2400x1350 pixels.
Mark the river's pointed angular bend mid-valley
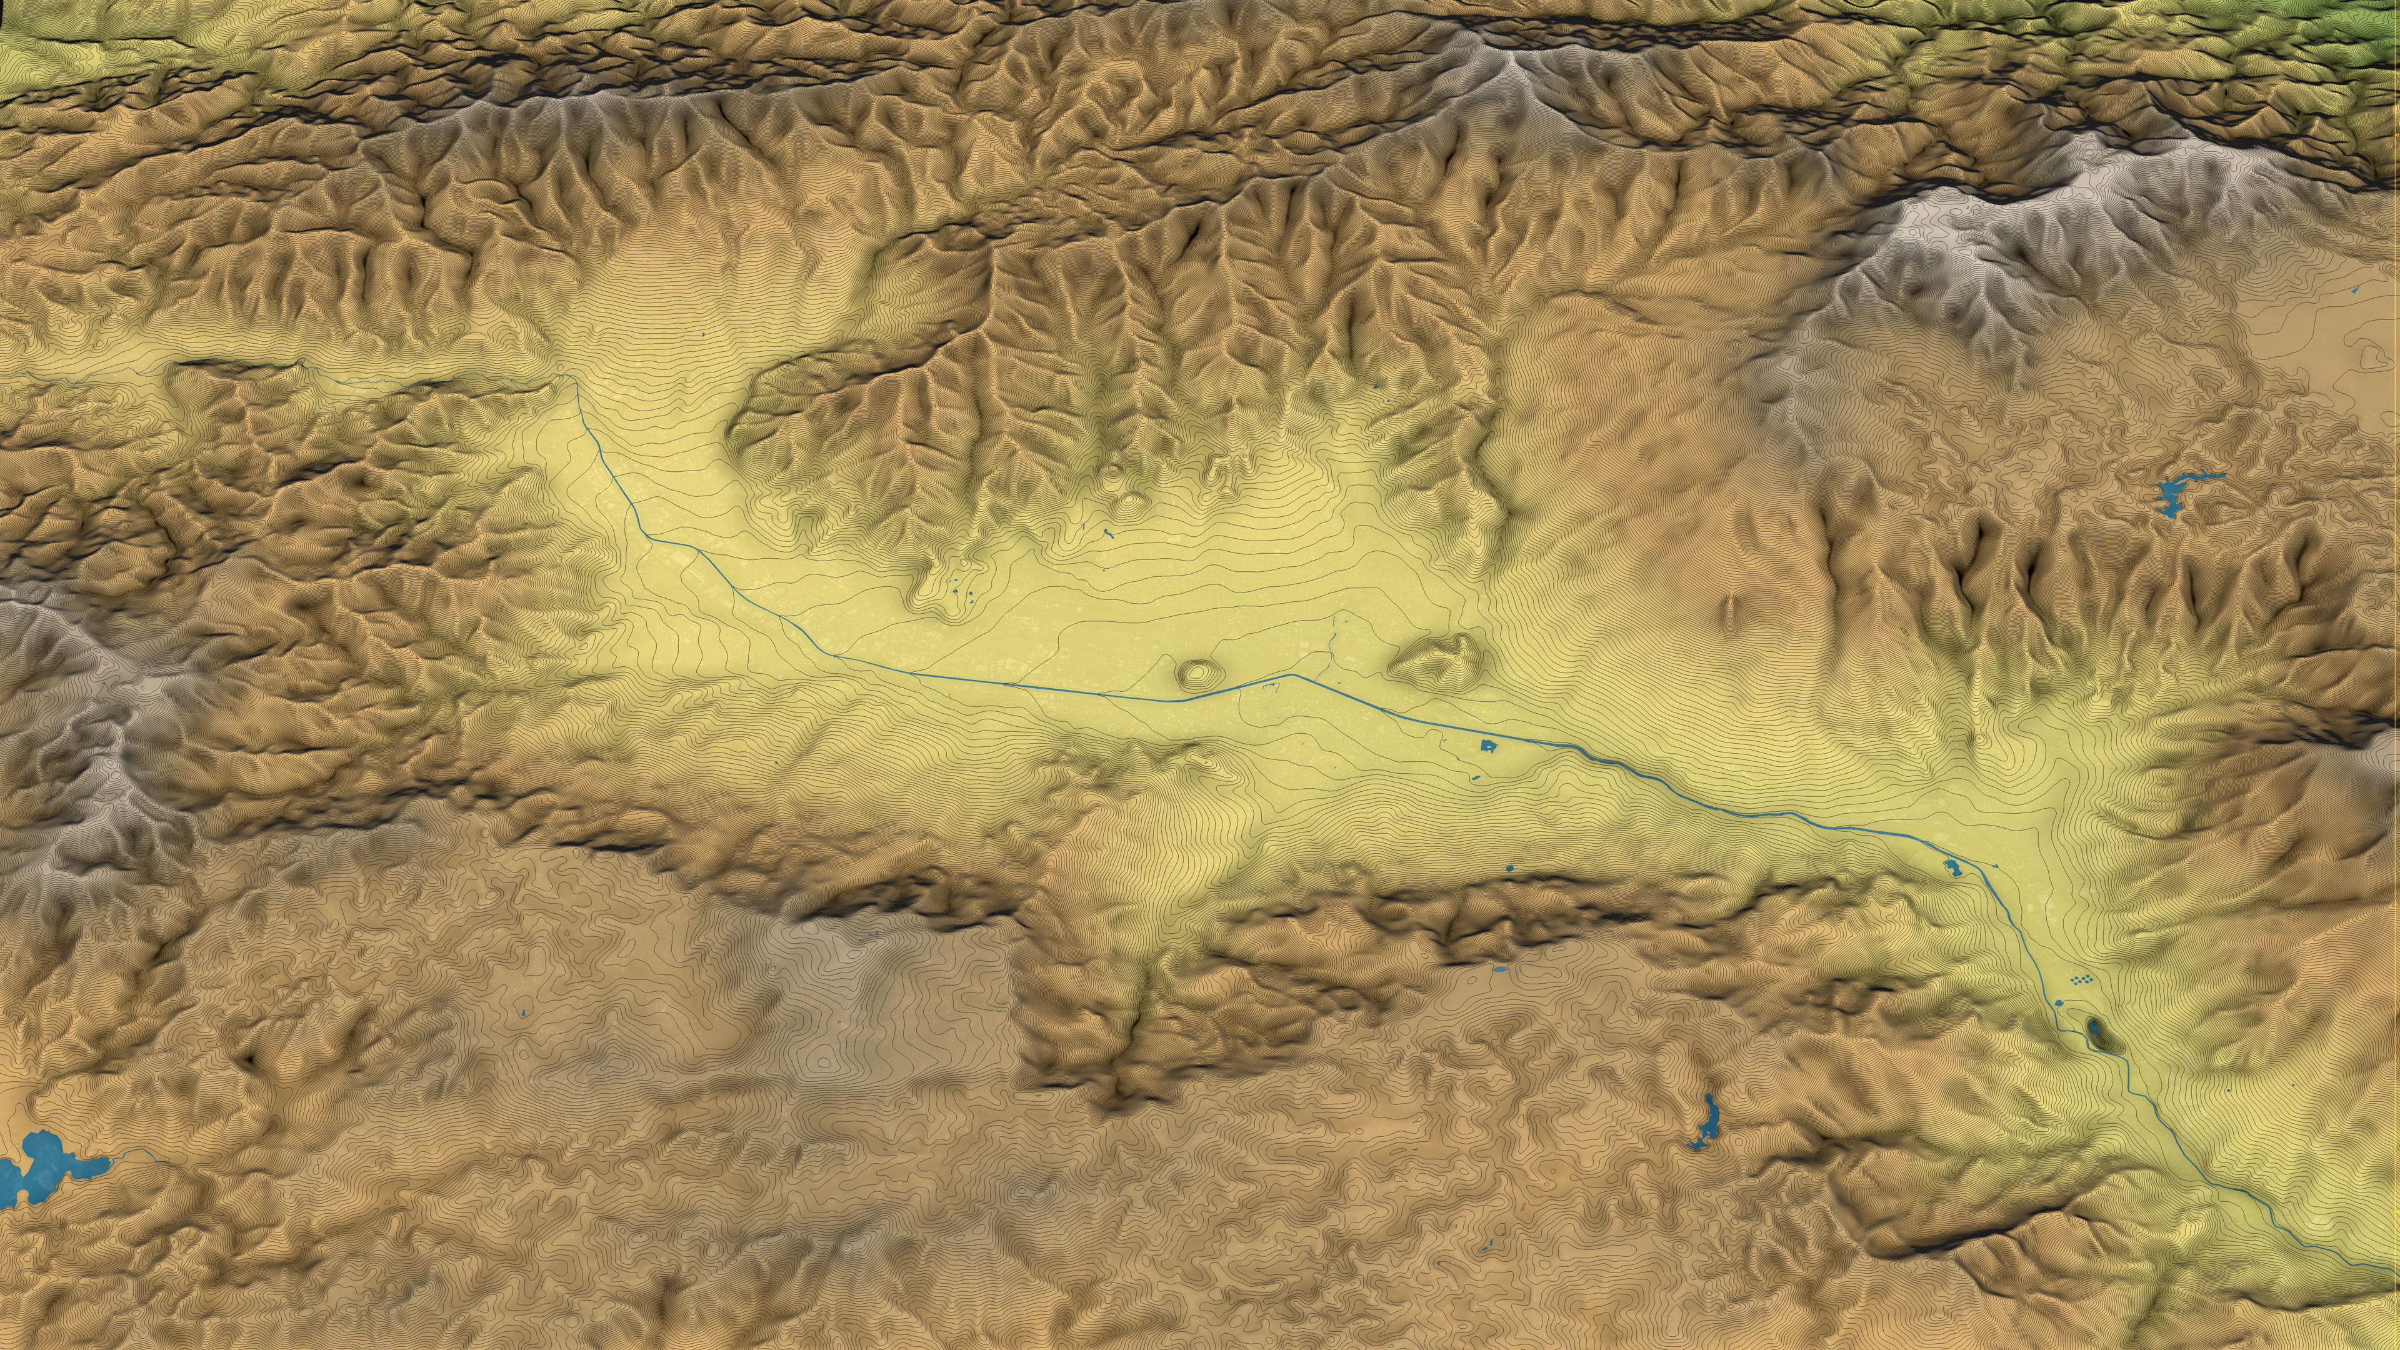pyautogui.click(x=1291, y=674)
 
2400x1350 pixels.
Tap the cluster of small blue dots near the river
pyautogui.click(x=2081, y=979)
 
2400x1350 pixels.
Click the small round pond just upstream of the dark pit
pyautogui.click(x=2059, y=1002)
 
